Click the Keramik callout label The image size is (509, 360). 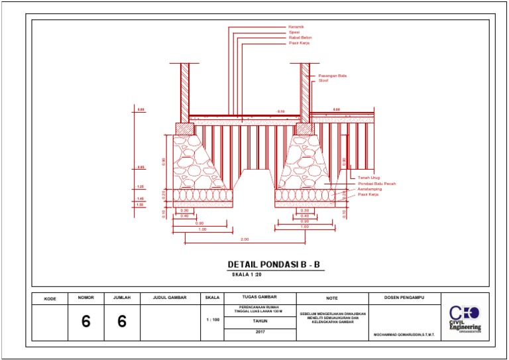pyautogui.click(x=296, y=27)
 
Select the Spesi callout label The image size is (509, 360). pyautogui.click(x=294, y=32)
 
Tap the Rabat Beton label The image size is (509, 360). pyautogui.click(x=300, y=38)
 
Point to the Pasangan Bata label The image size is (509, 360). pyautogui.click(x=333, y=76)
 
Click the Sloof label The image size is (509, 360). pyautogui.click(x=323, y=81)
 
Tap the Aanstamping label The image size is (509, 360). pyautogui.click(x=370, y=189)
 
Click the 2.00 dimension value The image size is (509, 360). pyautogui.click(x=245, y=239)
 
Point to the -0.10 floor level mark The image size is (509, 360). pyautogui.click(x=280, y=111)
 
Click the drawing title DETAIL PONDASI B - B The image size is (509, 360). pyautogui.click(x=274, y=265)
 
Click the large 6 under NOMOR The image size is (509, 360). pyautogui.click(x=85, y=322)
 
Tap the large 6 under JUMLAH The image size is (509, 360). pyautogui.click(x=122, y=322)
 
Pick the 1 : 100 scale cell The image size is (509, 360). pyautogui.click(x=213, y=320)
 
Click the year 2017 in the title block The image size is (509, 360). pyautogui.click(x=259, y=332)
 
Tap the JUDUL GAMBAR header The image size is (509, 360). pyautogui.click(x=170, y=298)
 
